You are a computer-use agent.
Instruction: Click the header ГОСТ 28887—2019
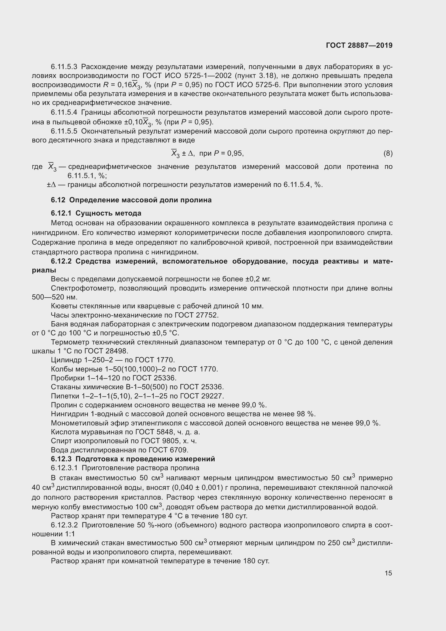[359, 45]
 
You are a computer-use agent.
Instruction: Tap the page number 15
[388, 573]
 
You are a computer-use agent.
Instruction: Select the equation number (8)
[388, 153]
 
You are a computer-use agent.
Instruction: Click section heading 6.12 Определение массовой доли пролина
[131, 200]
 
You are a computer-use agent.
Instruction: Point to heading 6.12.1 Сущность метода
[96, 213]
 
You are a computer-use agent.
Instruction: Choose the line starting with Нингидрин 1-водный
[183, 414]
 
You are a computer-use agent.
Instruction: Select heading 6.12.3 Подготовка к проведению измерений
[133, 459]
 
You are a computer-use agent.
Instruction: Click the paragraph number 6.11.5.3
[64, 67]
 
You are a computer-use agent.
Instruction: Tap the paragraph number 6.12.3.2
[64, 525]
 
